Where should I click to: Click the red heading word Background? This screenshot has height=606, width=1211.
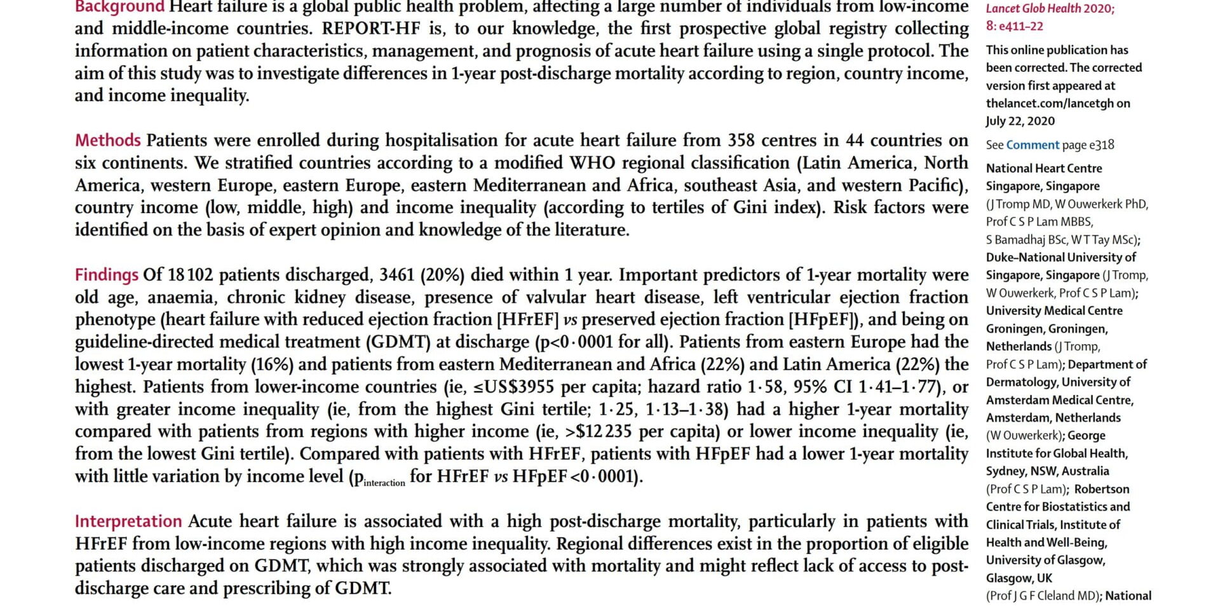tap(119, 7)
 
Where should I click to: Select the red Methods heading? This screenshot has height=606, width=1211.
tap(107, 140)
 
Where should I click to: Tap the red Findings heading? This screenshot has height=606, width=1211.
tap(106, 275)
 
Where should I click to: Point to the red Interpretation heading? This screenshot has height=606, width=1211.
tap(128, 521)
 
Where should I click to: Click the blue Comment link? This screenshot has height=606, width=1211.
tap(1032, 145)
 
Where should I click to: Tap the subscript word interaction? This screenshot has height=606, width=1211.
tap(384, 483)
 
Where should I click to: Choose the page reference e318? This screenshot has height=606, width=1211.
tap(1102, 145)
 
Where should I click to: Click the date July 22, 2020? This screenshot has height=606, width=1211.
tap(1020, 121)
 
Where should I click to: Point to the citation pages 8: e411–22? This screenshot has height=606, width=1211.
tap(1014, 26)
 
